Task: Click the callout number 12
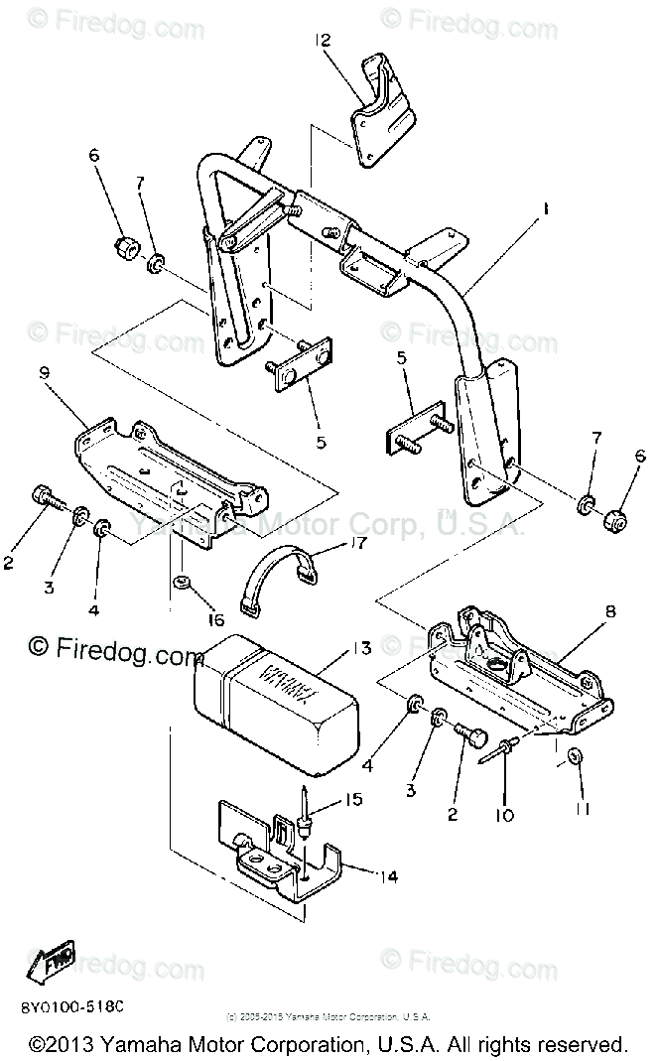point(325,41)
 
